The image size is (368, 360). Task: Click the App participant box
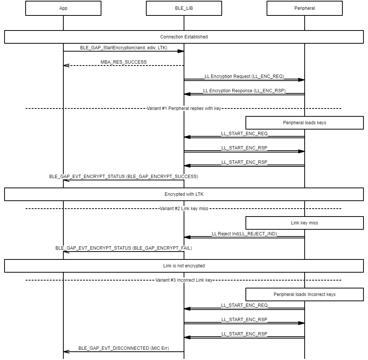[x=63, y=8]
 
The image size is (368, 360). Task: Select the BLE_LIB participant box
[x=184, y=8]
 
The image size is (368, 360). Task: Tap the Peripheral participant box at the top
[x=305, y=8]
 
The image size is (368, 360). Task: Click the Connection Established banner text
[x=184, y=37]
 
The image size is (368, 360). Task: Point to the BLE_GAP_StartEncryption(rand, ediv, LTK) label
[x=124, y=48]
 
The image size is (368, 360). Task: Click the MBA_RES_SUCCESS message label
[x=124, y=62]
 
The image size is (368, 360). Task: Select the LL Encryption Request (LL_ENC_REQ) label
[x=244, y=76]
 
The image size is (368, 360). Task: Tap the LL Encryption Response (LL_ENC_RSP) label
[x=244, y=91]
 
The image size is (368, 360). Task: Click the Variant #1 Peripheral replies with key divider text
[x=184, y=108]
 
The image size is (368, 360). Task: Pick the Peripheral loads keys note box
[x=305, y=123]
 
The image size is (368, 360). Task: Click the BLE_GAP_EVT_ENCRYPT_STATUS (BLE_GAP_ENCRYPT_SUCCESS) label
[x=124, y=177]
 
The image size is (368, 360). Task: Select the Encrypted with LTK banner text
[x=184, y=194]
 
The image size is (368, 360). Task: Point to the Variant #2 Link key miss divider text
[x=184, y=209]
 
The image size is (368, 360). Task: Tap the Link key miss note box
[x=305, y=223]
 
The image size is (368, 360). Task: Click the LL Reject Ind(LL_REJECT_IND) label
[x=244, y=234]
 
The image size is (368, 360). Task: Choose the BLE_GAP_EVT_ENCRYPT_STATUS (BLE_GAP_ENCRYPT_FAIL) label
[x=124, y=248]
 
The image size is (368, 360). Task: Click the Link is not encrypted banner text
[x=184, y=266]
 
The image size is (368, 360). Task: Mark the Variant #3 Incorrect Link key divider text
[x=184, y=280]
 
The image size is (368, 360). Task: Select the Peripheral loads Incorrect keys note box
[x=305, y=294]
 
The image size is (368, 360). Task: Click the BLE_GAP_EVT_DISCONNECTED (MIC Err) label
[x=124, y=348]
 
